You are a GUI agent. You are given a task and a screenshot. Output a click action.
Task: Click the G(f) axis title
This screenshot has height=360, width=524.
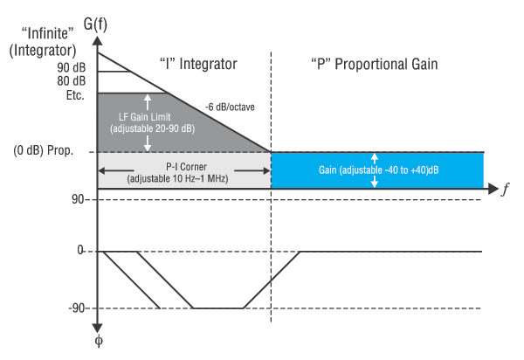coord(95,24)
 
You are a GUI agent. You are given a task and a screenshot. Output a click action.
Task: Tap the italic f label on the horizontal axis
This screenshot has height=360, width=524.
coord(506,190)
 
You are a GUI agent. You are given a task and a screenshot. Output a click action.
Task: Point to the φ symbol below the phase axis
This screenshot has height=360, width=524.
coord(99,341)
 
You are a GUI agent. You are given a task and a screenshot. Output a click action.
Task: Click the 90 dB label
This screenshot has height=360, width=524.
coord(72,67)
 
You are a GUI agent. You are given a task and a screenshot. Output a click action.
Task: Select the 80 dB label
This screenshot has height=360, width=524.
coord(72,81)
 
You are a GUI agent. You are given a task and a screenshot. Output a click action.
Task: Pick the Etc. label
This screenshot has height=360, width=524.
coord(75,95)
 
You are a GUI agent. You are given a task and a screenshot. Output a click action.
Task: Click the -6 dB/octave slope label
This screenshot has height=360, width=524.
coord(230,107)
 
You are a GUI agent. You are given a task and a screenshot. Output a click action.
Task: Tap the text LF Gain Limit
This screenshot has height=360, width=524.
coord(145,117)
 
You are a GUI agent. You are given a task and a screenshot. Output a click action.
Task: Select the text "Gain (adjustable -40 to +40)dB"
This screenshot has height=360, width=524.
coord(379,170)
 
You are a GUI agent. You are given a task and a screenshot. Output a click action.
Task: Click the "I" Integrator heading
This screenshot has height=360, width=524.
coord(199,64)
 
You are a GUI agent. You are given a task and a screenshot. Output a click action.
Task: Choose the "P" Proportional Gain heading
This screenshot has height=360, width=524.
coord(375,64)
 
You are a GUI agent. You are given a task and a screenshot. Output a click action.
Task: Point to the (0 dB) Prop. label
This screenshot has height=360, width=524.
coord(43,150)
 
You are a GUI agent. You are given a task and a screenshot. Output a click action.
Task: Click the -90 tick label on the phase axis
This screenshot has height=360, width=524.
coord(77,308)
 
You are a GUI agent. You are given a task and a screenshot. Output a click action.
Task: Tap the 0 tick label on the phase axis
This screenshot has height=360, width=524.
coord(80,250)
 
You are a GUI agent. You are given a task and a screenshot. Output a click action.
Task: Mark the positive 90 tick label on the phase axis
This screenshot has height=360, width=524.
coord(78,199)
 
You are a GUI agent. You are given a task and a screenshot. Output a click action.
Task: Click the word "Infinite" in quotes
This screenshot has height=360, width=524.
coord(47,33)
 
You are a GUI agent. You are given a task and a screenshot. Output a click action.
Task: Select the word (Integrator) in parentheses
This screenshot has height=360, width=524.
coord(43,51)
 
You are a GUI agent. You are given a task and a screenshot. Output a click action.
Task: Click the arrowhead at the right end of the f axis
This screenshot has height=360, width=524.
coord(493,189)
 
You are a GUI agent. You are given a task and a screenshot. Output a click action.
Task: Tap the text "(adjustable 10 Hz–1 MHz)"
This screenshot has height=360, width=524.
coord(177,178)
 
